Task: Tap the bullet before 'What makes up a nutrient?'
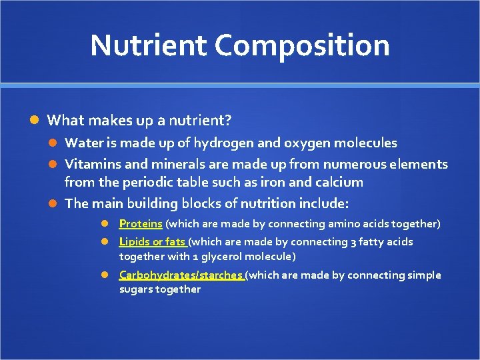36,121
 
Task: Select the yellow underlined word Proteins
141,224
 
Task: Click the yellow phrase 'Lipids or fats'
153,242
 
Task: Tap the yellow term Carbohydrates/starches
181,275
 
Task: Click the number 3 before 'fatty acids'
353,242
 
